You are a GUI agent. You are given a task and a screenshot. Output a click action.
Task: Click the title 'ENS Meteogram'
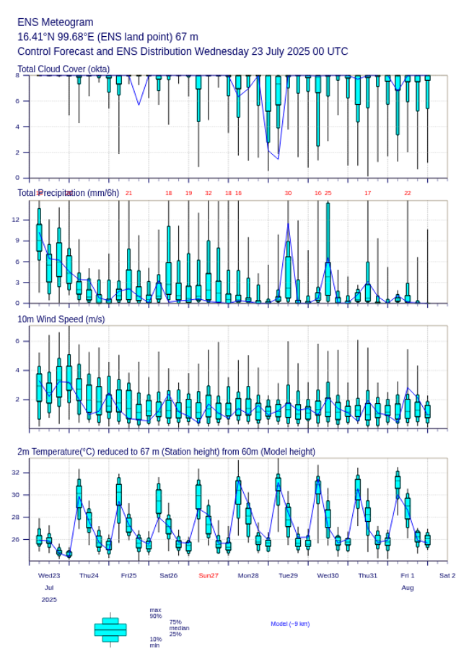click(x=55, y=22)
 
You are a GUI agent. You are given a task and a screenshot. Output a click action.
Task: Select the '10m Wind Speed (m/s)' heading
click(x=61, y=319)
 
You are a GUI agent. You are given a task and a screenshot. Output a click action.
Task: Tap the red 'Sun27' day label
click(x=209, y=575)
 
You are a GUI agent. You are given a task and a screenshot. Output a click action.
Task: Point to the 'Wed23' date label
click(x=49, y=575)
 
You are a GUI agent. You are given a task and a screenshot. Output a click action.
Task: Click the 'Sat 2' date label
click(x=447, y=575)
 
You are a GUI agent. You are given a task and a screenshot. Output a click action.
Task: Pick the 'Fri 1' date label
click(x=408, y=575)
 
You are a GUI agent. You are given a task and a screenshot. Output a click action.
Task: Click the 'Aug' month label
click(x=408, y=588)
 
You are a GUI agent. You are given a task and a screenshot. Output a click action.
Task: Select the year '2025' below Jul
click(x=49, y=599)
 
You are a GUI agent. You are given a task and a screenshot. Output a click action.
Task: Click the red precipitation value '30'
click(x=288, y=193)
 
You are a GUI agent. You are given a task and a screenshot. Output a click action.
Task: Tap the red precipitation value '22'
click(x=408, y=193)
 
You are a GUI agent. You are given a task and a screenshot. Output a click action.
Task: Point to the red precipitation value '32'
click(x=209, y=193)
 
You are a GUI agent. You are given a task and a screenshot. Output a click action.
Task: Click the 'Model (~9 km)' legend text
click(x=290, y=624)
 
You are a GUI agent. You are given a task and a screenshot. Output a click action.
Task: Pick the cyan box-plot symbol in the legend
click(x=110, y=629)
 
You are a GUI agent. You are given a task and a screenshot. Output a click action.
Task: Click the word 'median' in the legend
click(x=179, y=628)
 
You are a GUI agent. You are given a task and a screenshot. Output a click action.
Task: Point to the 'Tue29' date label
click(x=288, y=575)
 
